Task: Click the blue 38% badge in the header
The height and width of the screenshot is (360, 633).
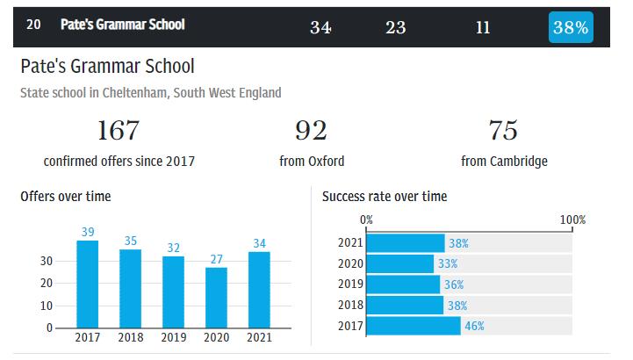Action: click(x=570, y=26)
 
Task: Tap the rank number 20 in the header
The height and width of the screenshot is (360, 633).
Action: click(x=33, y=25)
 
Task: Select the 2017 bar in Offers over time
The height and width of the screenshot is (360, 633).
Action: click(x=87, y=284)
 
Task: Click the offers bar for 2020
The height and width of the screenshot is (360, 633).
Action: click(x=216, y=298)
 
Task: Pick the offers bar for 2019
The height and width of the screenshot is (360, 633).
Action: click(x=173, y=292)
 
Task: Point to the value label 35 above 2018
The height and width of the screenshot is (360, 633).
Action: click(x=130, y=241)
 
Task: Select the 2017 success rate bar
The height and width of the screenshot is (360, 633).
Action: click(x=413, y=326)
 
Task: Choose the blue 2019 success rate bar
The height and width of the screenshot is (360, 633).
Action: click(x=403, y=284)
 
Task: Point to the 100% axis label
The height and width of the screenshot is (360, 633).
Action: click(x=572, y=220)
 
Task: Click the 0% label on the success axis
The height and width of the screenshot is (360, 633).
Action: click(x=367, y=220)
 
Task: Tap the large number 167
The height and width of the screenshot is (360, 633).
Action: click(x=119, y=131)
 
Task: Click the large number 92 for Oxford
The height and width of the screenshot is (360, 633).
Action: click(x=311, y=131)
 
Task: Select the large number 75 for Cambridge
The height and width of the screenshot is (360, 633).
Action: click(x=503, y=131)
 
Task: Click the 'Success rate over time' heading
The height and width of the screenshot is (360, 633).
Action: click(x=385, y=197)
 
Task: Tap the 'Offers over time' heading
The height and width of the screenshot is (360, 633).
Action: click(x=66, y=197)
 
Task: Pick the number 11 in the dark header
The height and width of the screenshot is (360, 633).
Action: click(x=483, y=27)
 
